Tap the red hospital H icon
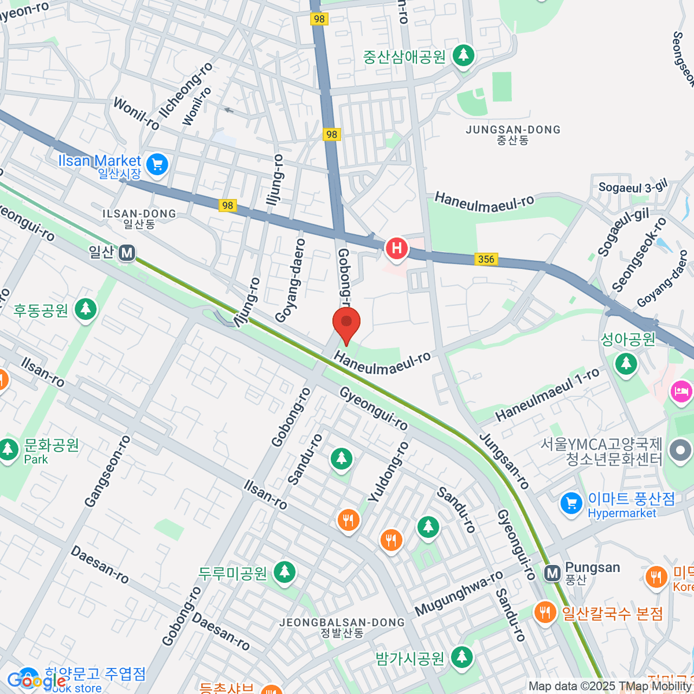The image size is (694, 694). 397,249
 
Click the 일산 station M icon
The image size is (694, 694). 127,253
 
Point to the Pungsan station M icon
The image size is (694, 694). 552,573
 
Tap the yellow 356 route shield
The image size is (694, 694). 486,259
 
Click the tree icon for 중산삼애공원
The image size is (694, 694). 463,56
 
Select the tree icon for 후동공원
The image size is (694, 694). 86,310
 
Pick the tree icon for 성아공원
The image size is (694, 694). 626,364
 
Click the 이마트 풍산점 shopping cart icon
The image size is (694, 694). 571,503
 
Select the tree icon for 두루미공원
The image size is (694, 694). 284,573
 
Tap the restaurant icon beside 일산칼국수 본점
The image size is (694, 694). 545,612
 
